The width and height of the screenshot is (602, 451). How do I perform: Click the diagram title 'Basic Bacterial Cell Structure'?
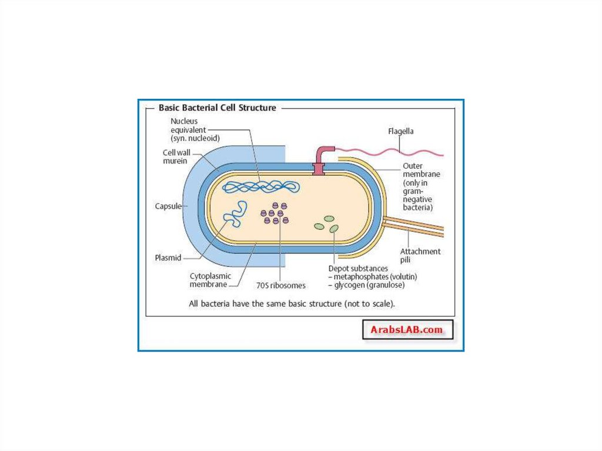[x=217, y=108]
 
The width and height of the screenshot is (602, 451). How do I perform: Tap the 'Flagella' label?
[x=400, y=132]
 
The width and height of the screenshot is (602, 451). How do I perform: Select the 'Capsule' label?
[x=168, y=206]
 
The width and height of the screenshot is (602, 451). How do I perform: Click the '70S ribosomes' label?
[x=280, y=286]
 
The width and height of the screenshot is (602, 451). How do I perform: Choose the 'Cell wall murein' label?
[x=176, y=156]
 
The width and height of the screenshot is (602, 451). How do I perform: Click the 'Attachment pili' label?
[x=420, y=256]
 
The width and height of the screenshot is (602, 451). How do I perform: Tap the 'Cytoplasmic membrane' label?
[x=210, y=280]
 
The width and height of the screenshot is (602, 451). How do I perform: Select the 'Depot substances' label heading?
[x=358, y=269]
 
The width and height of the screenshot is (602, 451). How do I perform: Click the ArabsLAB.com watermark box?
[x=406, y=330]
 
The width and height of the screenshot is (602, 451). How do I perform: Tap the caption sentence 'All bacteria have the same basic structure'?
[x=291, y=305]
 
